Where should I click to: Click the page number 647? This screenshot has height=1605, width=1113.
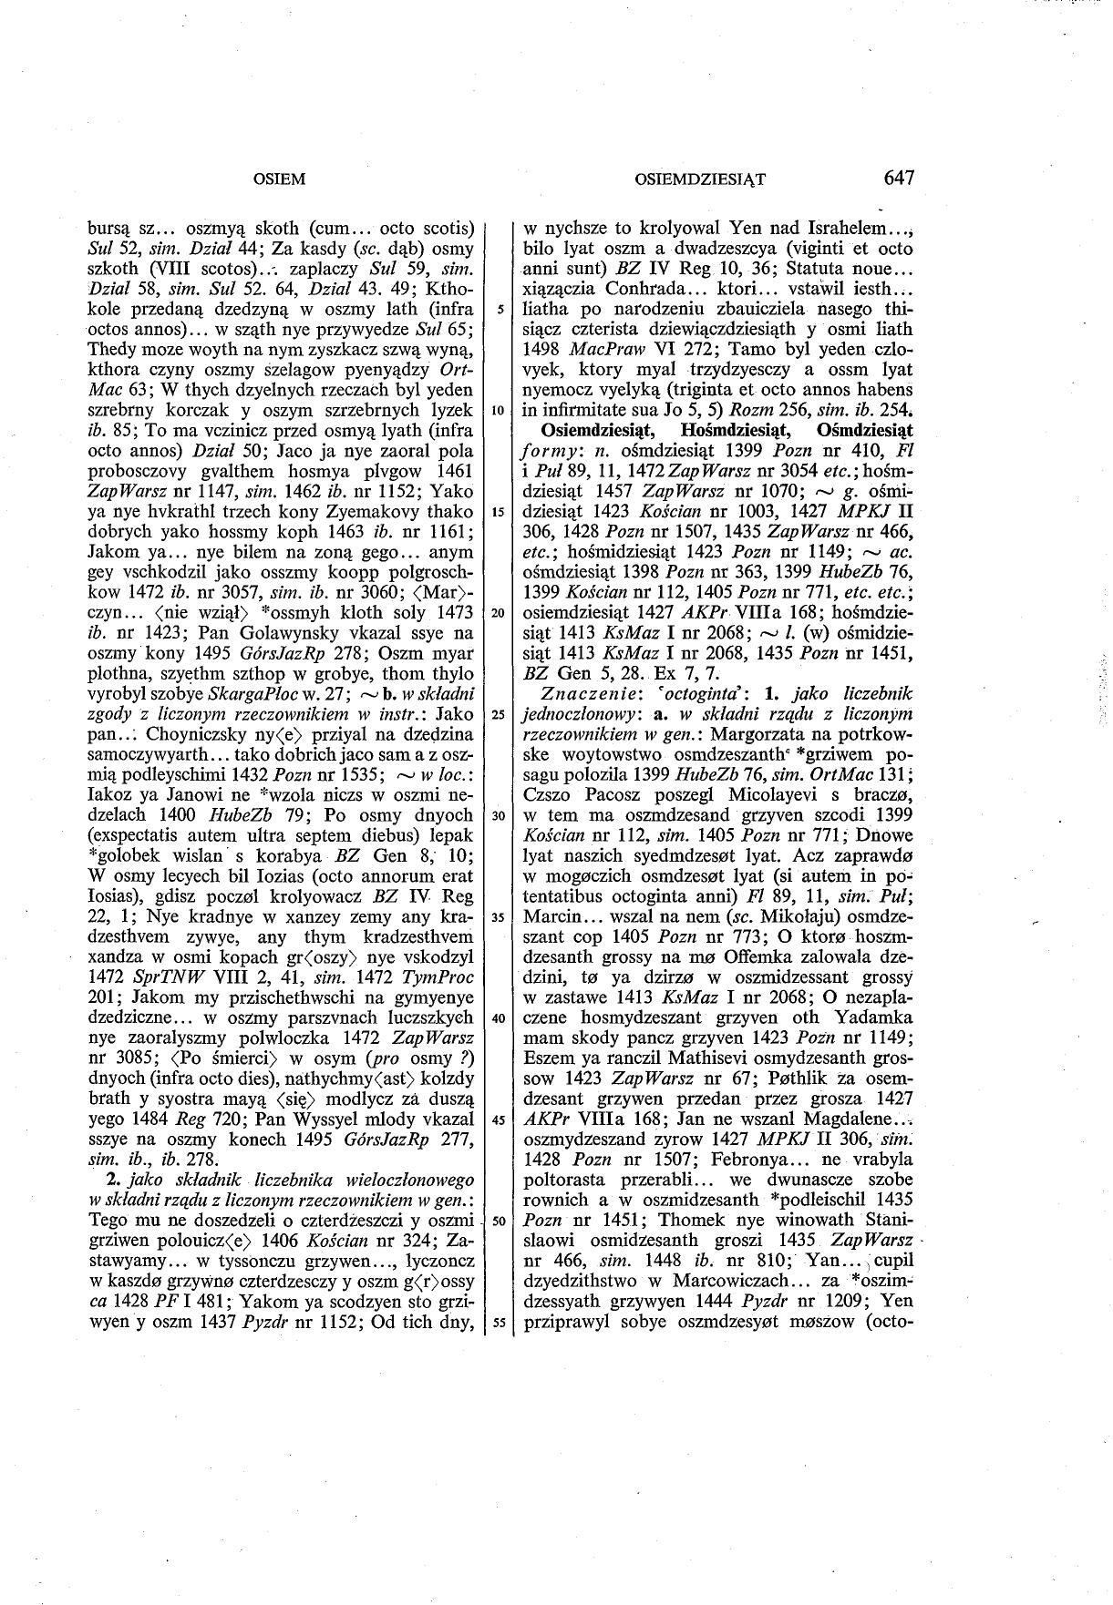coord(898,177)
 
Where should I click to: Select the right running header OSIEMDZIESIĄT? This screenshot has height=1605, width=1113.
coord(699,179)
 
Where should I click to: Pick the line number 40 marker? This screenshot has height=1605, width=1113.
coord(499,1018)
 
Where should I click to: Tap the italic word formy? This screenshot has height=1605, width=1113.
coord(546,450)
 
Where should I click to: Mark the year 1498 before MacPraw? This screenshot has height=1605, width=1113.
coord(541,349)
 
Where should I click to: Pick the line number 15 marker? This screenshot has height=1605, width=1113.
coord(499,511)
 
